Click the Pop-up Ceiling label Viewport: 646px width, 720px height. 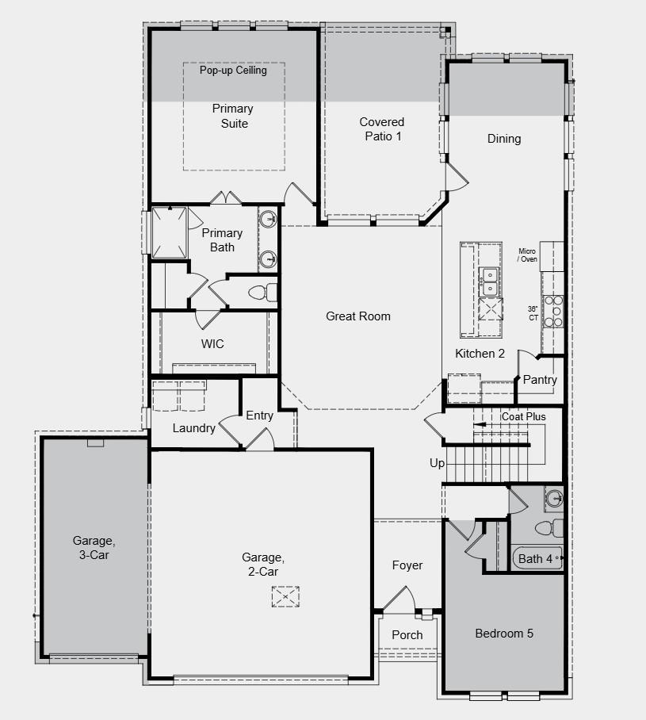click(233, 71)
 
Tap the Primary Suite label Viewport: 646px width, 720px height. click(233, 116)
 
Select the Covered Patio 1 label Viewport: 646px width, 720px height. click(382, 128)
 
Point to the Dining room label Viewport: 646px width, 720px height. click(504, 139)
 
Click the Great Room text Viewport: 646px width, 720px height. click(358, 316)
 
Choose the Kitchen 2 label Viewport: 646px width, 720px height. click(480, 354)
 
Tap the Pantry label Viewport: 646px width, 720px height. click(540, 380)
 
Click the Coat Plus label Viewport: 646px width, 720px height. click(524, 416)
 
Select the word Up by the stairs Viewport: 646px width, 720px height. click(438, 463)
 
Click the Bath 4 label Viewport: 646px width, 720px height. click(535, 559)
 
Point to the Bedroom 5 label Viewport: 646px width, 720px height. click(504, 634)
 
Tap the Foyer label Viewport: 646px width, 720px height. click(407, 565)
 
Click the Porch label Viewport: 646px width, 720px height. click(407, 634)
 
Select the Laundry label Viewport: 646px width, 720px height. click(194, 428)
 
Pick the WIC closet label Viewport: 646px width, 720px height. click(212, 344)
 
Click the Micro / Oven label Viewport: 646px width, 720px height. click(528, 255)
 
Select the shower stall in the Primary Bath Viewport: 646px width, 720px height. click(169, 232)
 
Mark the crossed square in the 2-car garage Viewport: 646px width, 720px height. click(284, 596)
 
